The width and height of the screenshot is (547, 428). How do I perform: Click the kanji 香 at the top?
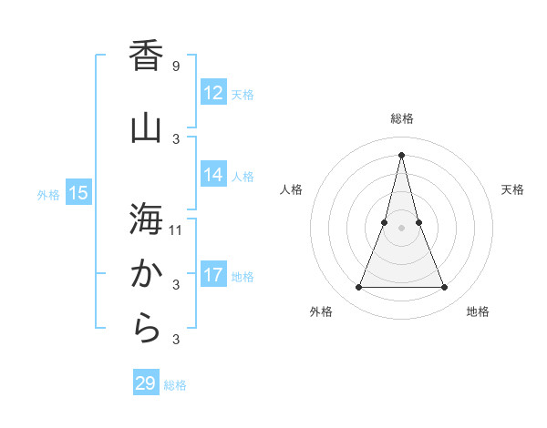click(x=146, y=56)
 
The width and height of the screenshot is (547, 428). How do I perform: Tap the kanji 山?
click(x=146, y=127)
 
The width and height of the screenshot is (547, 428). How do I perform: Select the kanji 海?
click(x=146, y=219)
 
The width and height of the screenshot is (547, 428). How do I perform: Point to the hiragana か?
click(x=146, y=273)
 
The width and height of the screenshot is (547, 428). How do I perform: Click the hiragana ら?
click(x=146, y=329)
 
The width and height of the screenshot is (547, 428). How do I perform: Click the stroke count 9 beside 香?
click(x=175, y=66)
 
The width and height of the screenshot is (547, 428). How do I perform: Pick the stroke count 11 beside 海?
click(x=176, y=229)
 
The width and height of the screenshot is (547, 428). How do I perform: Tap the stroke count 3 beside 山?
click(x=176, y=138)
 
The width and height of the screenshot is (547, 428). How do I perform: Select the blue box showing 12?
click(x=213, y=93)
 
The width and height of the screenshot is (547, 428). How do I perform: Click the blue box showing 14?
click(x=213, y=175)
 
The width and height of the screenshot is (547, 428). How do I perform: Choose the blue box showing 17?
click(x=213, y=275)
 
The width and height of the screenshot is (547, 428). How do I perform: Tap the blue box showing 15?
click(x=77, y=193)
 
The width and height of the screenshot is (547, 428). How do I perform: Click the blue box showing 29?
click(x=145, y=383)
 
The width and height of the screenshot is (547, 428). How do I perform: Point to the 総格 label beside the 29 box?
click(x=175, y=385)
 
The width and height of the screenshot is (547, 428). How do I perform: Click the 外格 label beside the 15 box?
click(x=48, y=194)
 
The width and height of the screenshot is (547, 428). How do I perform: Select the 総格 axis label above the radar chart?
click(x=401, y=118)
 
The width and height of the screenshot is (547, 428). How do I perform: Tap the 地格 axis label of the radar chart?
click(x=478, y=311)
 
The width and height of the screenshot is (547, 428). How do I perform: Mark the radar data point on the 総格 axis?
click(x=401, y=155)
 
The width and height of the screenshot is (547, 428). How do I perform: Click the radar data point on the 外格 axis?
click(x=358, y=288)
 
